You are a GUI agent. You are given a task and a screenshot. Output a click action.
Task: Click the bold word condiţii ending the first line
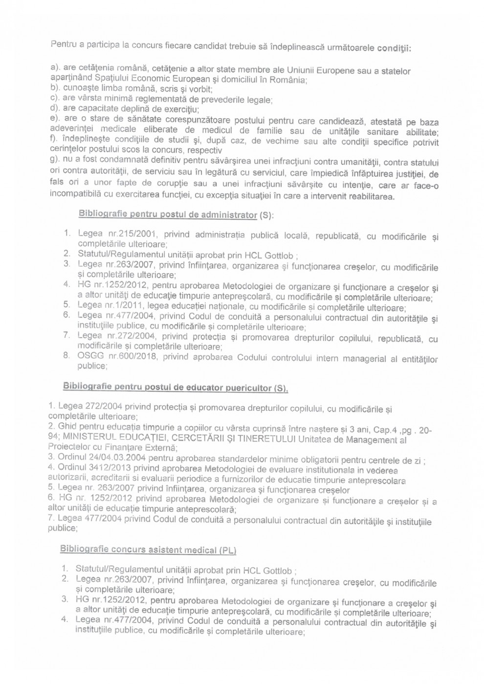pyautogui.click(x=394, y=49)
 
